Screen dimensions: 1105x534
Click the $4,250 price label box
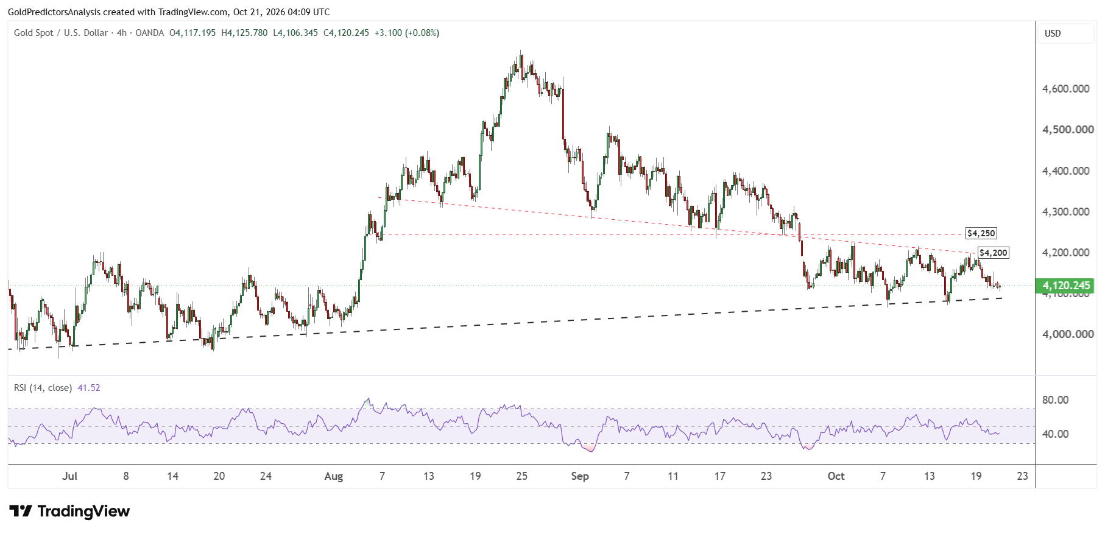click(981, 233)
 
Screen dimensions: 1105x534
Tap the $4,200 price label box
click(994, 253)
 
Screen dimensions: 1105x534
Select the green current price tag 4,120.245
click(1066, 286)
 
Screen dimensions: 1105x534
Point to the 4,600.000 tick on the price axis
click(1066, 89)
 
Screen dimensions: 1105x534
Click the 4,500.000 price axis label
click(1068, 130)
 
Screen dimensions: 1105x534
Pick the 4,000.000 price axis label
click(1068, 334)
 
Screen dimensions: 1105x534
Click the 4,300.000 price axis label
click(1066, 212)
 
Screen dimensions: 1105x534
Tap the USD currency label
click(1053, 33)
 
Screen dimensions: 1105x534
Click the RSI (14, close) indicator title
click(43, 388)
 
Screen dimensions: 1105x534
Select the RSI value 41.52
click(89, 388)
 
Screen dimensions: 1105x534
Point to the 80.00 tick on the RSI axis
click(1056, 400)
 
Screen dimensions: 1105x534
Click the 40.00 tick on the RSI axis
click(1056, 434)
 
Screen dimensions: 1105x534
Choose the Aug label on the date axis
click(334, 476)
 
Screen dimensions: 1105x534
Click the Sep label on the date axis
click(580, 476)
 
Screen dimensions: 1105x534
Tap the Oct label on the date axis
click(836, 476)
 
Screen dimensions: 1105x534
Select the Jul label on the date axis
click(69, 476)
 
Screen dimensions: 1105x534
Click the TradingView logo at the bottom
click(69, 511)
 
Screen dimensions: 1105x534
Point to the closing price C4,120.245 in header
click(346, 33)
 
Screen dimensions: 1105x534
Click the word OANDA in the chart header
click(150, 33)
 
